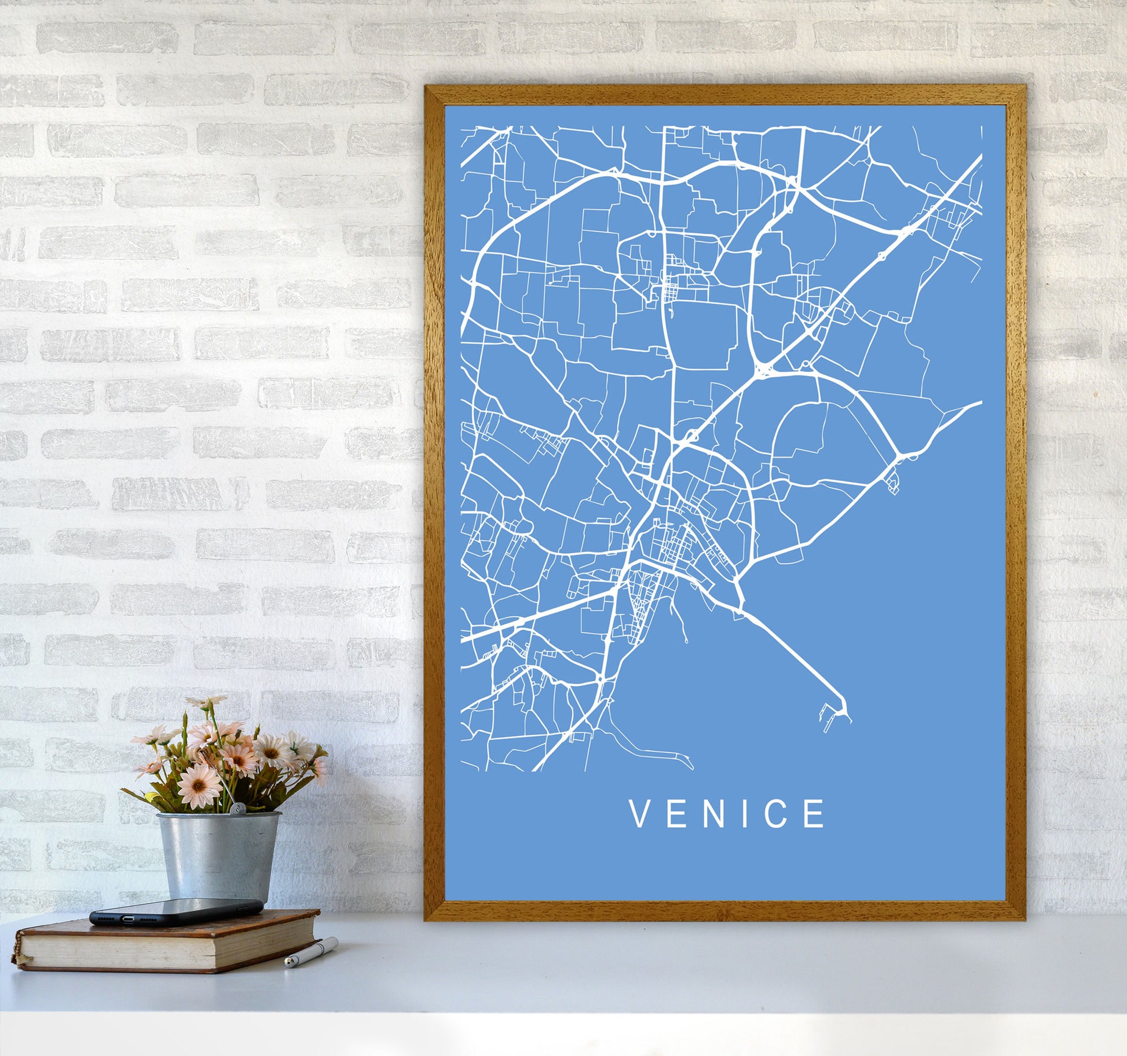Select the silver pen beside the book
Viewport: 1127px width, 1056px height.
coord(311,953)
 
